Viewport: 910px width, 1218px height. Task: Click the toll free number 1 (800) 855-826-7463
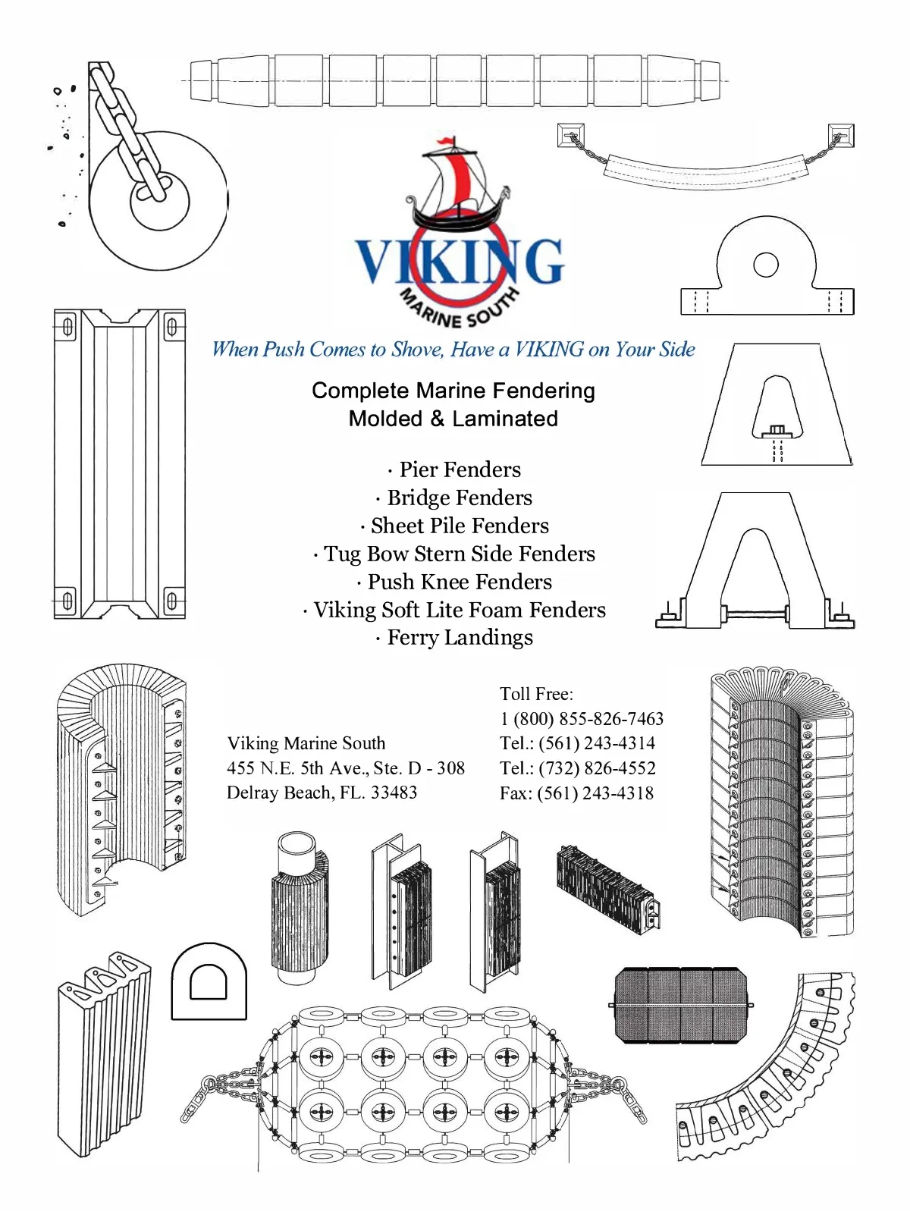[582, 719]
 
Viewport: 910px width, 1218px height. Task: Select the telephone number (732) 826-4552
[597, 768]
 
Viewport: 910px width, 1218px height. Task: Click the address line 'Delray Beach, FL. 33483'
[322, 793]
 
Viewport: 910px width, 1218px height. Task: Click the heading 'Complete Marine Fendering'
[453, 391]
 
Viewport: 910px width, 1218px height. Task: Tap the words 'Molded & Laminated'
[453, 419]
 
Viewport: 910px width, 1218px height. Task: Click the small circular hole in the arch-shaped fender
[766, 265]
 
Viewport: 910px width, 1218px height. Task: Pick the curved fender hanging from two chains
[706, 171]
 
